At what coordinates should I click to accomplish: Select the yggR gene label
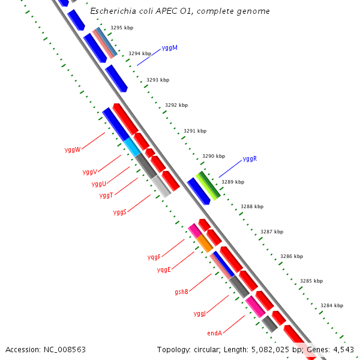coord(250,159)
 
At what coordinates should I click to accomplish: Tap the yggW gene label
coord(72,149)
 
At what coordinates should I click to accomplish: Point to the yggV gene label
coord(90,172)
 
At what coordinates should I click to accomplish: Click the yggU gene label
coord(99,184)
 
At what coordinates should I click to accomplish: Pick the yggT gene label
coord(106,196)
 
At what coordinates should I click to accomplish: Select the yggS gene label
coord(120,212)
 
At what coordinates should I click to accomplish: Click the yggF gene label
coord(154,257)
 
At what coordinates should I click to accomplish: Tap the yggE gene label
coord(164,270)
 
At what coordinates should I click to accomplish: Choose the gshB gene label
coord(182,292)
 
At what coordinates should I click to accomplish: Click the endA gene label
coord(215,333)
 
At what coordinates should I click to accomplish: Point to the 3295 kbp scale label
coord(122,28)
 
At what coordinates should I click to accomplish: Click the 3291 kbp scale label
coord(195,131)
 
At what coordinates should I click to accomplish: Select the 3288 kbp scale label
coord(252,206)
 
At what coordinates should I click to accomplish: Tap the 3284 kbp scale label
coord(331,305)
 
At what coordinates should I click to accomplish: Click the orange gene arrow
coord(205,243)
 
